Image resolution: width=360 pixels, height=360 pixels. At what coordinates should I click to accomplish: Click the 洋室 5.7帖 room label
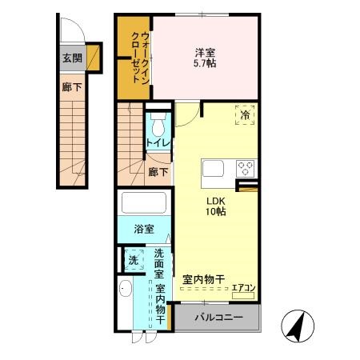(204, 58)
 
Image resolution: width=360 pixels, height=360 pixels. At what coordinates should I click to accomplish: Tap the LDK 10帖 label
(216, 206)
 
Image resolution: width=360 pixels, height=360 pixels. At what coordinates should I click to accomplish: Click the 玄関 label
(70, 58)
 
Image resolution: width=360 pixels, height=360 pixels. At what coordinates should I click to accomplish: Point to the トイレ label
(156, 143)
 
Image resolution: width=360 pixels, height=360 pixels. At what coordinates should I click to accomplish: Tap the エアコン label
(243, 289)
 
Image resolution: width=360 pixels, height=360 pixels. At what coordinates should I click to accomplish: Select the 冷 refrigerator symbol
(246, 116)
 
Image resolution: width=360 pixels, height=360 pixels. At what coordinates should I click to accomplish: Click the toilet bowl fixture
(157, 125)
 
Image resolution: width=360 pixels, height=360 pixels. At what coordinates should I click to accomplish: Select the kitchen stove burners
(246, 168)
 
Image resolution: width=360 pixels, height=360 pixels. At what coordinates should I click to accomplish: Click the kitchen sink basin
(214, 169)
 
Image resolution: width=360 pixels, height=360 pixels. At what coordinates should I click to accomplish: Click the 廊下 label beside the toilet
(158, 171)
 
